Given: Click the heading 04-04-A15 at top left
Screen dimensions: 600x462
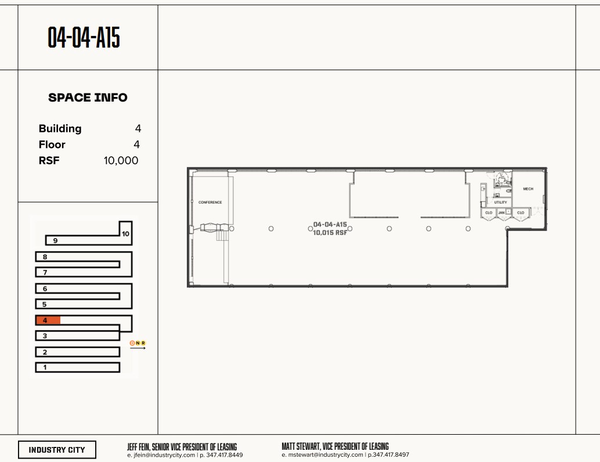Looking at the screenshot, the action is click(84, 38).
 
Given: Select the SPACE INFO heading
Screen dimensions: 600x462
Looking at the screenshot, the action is click(88, 98).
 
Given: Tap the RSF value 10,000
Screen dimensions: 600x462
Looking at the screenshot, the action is click(121, 161).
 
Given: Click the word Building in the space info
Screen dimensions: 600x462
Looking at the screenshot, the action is click(60, 129).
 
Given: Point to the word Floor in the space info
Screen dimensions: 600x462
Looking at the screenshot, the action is click(52, 145).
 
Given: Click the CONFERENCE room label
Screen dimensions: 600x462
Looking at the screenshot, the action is click(210, 203).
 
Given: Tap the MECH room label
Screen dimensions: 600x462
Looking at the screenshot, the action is click(528, 189).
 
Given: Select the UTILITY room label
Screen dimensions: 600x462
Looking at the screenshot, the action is click(501, 202).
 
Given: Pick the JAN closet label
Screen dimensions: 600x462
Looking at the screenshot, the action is click(501, 213).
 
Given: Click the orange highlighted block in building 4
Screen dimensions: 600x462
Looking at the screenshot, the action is click(48, 320).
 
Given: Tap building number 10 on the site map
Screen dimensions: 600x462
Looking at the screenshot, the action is click(125, 234).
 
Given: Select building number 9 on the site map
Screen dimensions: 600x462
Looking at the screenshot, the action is click(55, 240).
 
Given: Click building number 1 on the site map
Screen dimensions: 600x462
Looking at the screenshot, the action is click(45, 367).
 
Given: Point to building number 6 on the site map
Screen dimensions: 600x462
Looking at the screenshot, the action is click(45, 288).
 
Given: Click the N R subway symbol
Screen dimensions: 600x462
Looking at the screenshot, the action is click(138, 343).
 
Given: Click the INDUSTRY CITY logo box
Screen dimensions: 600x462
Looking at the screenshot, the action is click(57, 450).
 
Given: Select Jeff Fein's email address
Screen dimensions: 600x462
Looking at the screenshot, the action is click(161, 455).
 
